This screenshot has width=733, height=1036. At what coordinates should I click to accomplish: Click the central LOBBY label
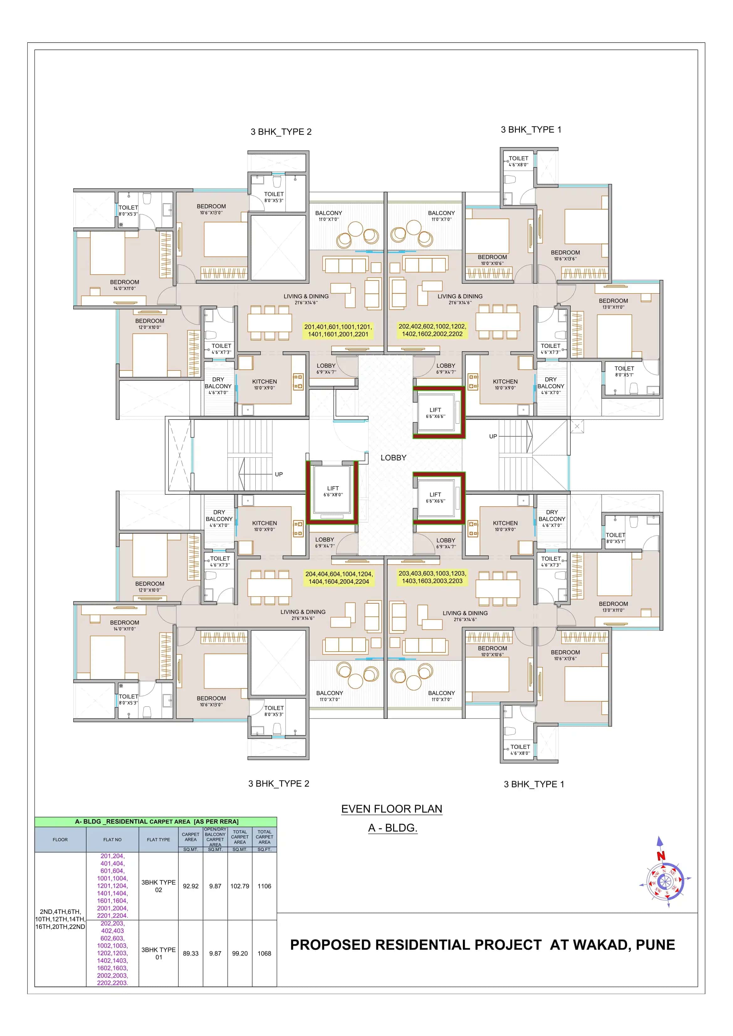click(x=393, y=457)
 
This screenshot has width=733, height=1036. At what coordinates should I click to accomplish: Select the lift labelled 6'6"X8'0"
click(x=333, y=491)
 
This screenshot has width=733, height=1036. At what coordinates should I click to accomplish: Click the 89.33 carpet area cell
click(x=191, y=953)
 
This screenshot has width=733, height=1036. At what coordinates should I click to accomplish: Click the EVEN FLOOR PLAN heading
click(x=391, y=809)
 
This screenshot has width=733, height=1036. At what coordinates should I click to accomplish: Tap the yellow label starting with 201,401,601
click(x=338, y=330)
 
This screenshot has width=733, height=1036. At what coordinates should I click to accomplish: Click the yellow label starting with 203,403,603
click(x=432, y=577)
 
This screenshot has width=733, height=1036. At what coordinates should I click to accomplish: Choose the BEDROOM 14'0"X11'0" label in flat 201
click(x=125, y=285)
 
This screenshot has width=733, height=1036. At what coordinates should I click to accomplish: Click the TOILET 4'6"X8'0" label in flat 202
click(x=518, y=161)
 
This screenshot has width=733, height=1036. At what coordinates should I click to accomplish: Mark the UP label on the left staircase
click(x=279, y=474)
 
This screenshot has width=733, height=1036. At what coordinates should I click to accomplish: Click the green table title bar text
click(x=156, y=822)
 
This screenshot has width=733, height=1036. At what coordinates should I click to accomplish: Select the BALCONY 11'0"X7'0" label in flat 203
click(x=441, y=696)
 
